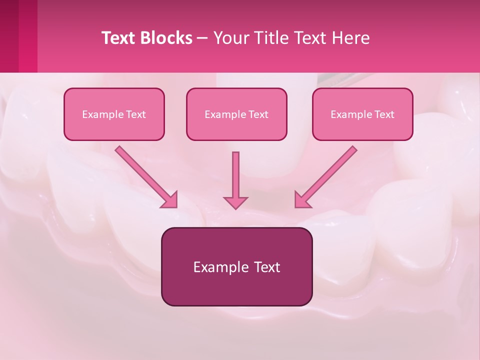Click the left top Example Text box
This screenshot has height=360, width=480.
[x=114, y=114]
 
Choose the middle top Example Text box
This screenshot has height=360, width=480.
[x=236, y=114]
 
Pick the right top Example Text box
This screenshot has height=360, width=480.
[x=362, y=114]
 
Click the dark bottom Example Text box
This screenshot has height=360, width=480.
[x=236, y=267]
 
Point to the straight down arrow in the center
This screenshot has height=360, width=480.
[x=235, y=175]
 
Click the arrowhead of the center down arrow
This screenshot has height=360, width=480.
[x=235, y=202]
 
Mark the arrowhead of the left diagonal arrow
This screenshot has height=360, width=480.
[x=170, y=200]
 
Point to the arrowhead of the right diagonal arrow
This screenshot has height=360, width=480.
[x=302, y=200]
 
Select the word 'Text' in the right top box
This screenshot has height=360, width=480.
[x=384, y=114]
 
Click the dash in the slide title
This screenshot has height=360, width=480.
[x=202, y=38]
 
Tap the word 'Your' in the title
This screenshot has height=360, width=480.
[x=229, y=38]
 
